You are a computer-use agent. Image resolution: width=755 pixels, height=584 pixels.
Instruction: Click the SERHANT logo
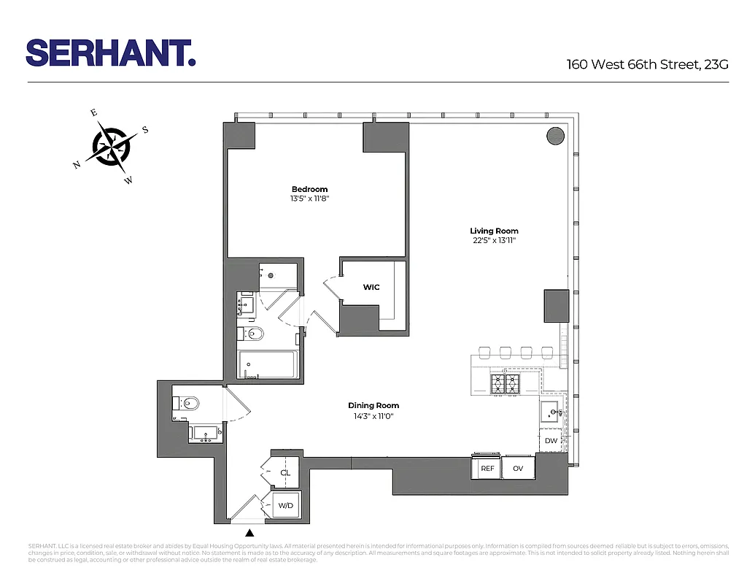(x=111, y=53)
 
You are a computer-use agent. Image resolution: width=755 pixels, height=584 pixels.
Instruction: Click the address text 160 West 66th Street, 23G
(x=648, y=64)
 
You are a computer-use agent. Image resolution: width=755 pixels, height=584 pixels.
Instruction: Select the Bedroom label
(x=310, y=190)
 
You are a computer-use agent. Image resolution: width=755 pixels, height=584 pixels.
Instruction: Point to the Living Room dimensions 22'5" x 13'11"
(x=494, y=240)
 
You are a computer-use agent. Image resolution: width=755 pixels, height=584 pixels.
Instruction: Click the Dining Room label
(x=373, y=406)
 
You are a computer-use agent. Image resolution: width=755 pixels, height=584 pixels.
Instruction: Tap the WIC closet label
(x=371, y=288)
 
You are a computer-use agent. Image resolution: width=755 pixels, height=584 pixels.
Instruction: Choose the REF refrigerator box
(x=487, y=469)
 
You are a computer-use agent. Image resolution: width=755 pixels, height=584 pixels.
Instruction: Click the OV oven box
(x=518, y=469)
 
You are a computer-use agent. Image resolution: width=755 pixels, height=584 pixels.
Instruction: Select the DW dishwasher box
(x=551, y=441)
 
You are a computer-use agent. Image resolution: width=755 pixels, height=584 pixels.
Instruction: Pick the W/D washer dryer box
(x=285, y=505)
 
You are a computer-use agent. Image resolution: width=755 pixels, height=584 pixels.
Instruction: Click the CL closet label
(x=285, y=473)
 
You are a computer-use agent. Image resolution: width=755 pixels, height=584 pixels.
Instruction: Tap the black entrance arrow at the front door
(x=250, y=534)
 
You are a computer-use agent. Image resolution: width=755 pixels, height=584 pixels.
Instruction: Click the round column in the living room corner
(x=556, y=136)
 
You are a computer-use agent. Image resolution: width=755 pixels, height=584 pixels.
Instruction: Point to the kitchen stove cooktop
(x=505, y=383)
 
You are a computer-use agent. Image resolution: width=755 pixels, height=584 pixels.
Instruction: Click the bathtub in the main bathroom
(x=268, y=365)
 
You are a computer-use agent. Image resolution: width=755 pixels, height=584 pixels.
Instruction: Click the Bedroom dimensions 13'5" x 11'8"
(x=310, y=199)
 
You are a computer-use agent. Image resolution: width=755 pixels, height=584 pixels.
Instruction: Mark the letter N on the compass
(x=76, y=165)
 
